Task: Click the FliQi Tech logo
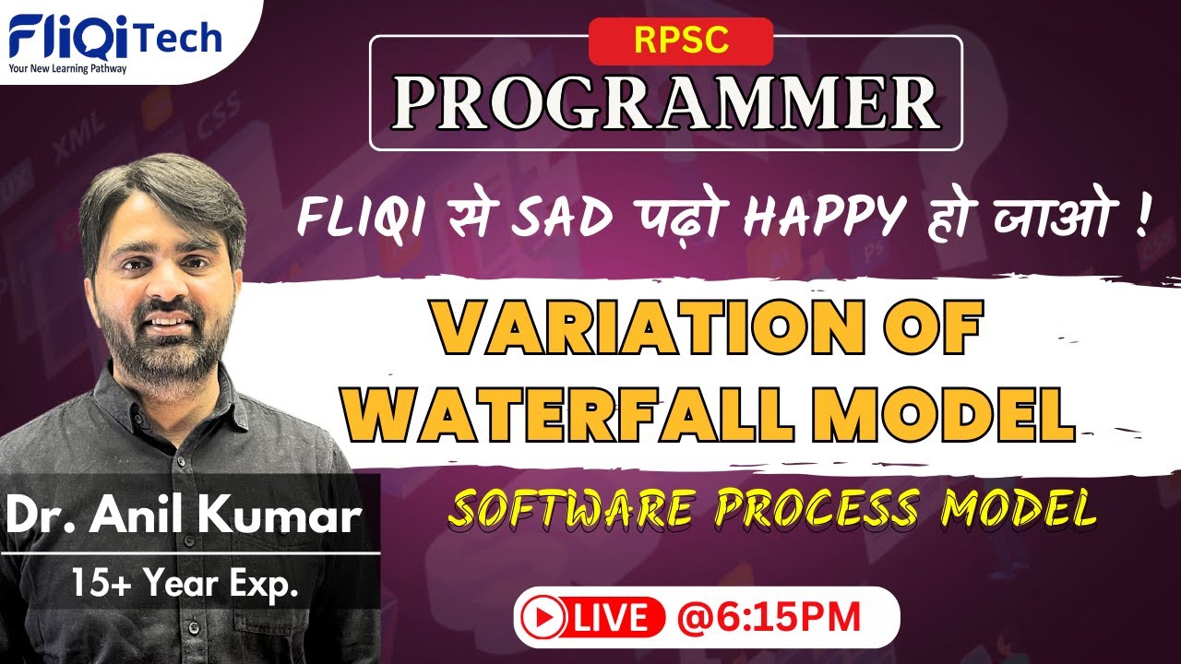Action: pyautogui.click(x=115, y=38)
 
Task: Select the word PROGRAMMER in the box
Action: pyautogui.click(x=665, y=103)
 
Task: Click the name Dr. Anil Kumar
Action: pyautogui.click(x=183, y=517)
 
